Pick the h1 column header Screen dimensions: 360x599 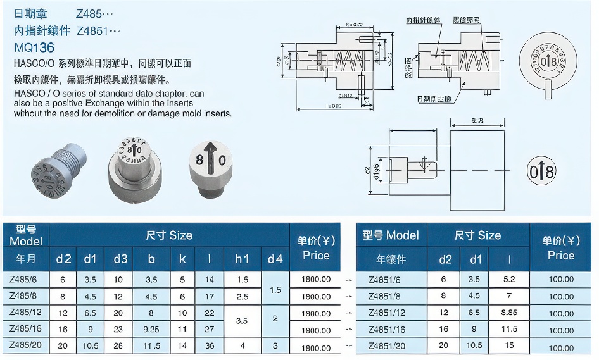(x=242, y=258)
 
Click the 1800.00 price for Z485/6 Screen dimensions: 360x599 (x=315, y=279)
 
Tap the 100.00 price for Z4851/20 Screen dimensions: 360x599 (x=561, y=347)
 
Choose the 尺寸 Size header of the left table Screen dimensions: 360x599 (x=169, y=235)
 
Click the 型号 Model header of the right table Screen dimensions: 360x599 (x=391, y=235)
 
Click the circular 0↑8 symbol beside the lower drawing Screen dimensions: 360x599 (x=541, y=171)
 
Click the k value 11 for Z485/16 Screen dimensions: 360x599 (x=182, y=330)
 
